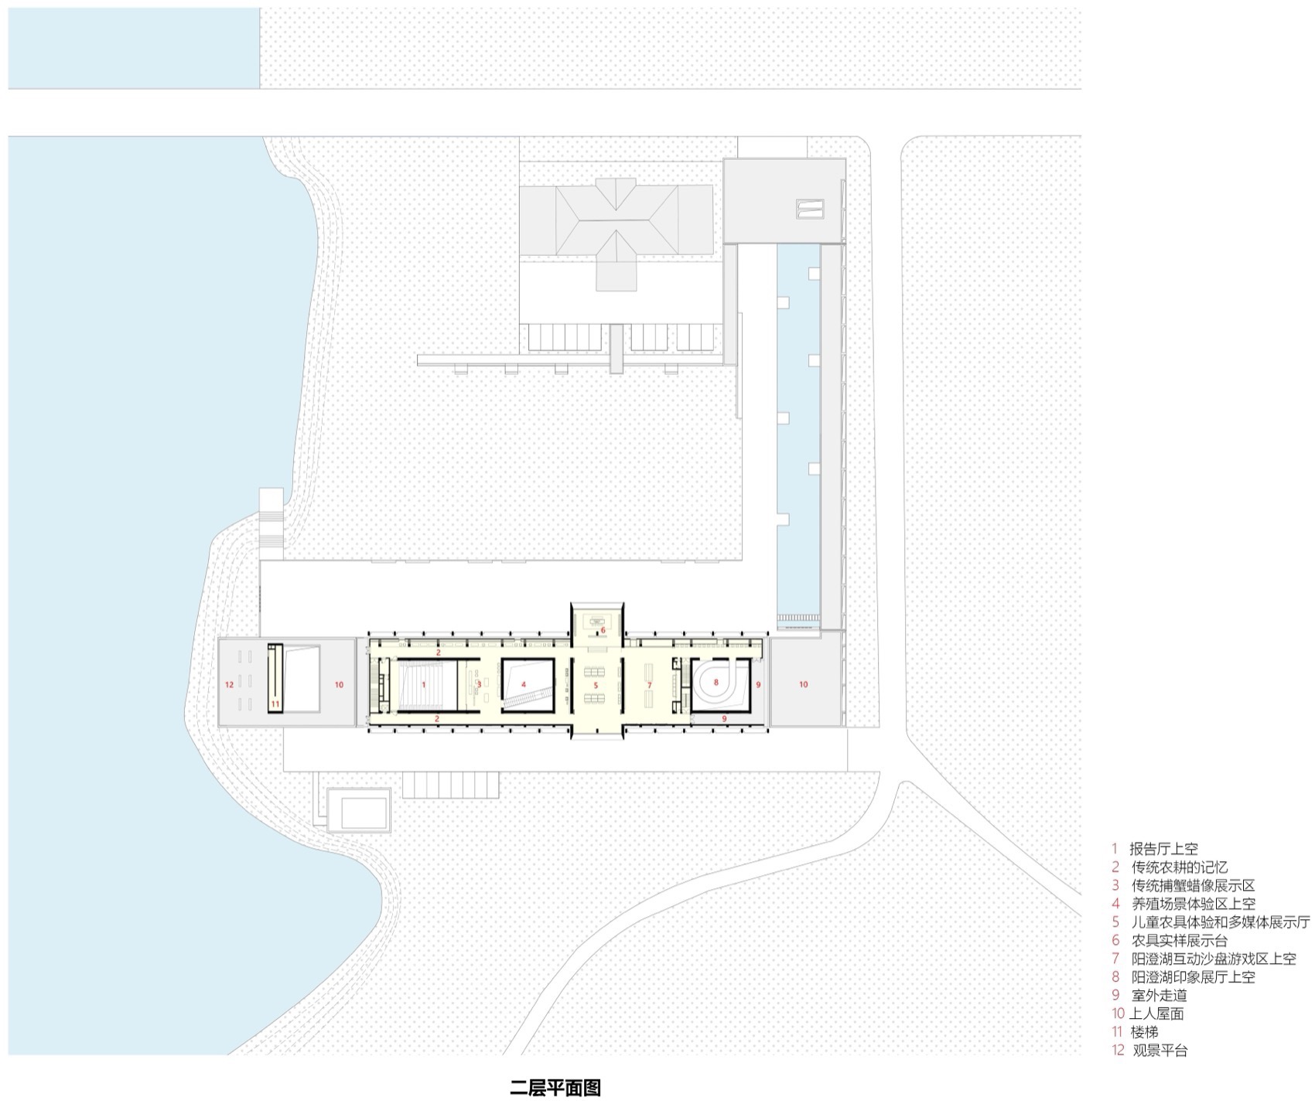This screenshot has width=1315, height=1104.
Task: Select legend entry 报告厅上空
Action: click(x=1163, y=849)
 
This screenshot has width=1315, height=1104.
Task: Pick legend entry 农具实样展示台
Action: click(x=1179, y=941)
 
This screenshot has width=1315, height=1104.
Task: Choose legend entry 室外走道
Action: click(x=1159, y=996)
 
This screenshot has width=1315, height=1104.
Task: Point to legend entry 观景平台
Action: click(x=1159, y=1051)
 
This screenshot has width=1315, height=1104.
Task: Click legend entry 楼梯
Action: click(x=1144, y=1032)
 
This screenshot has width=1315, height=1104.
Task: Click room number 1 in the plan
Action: click(x=424, y=685)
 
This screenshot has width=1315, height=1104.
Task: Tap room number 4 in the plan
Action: click(x=524, y=685)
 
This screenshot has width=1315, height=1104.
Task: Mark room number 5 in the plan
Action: click(x=596, y=686)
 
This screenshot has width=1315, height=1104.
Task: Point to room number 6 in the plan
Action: click(x=603, y=630)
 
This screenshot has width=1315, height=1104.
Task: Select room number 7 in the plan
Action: click(x=650, y=686)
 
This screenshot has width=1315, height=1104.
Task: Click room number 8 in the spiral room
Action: click(x=716, y=683)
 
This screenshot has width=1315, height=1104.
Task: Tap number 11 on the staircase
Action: click(x=275, y=704)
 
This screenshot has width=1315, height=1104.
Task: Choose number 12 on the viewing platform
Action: click(x=229, y=685)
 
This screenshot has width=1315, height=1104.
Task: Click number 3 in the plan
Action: click(x=480, y=684)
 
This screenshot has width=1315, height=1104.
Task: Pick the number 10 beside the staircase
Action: click(x=339, y=685)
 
